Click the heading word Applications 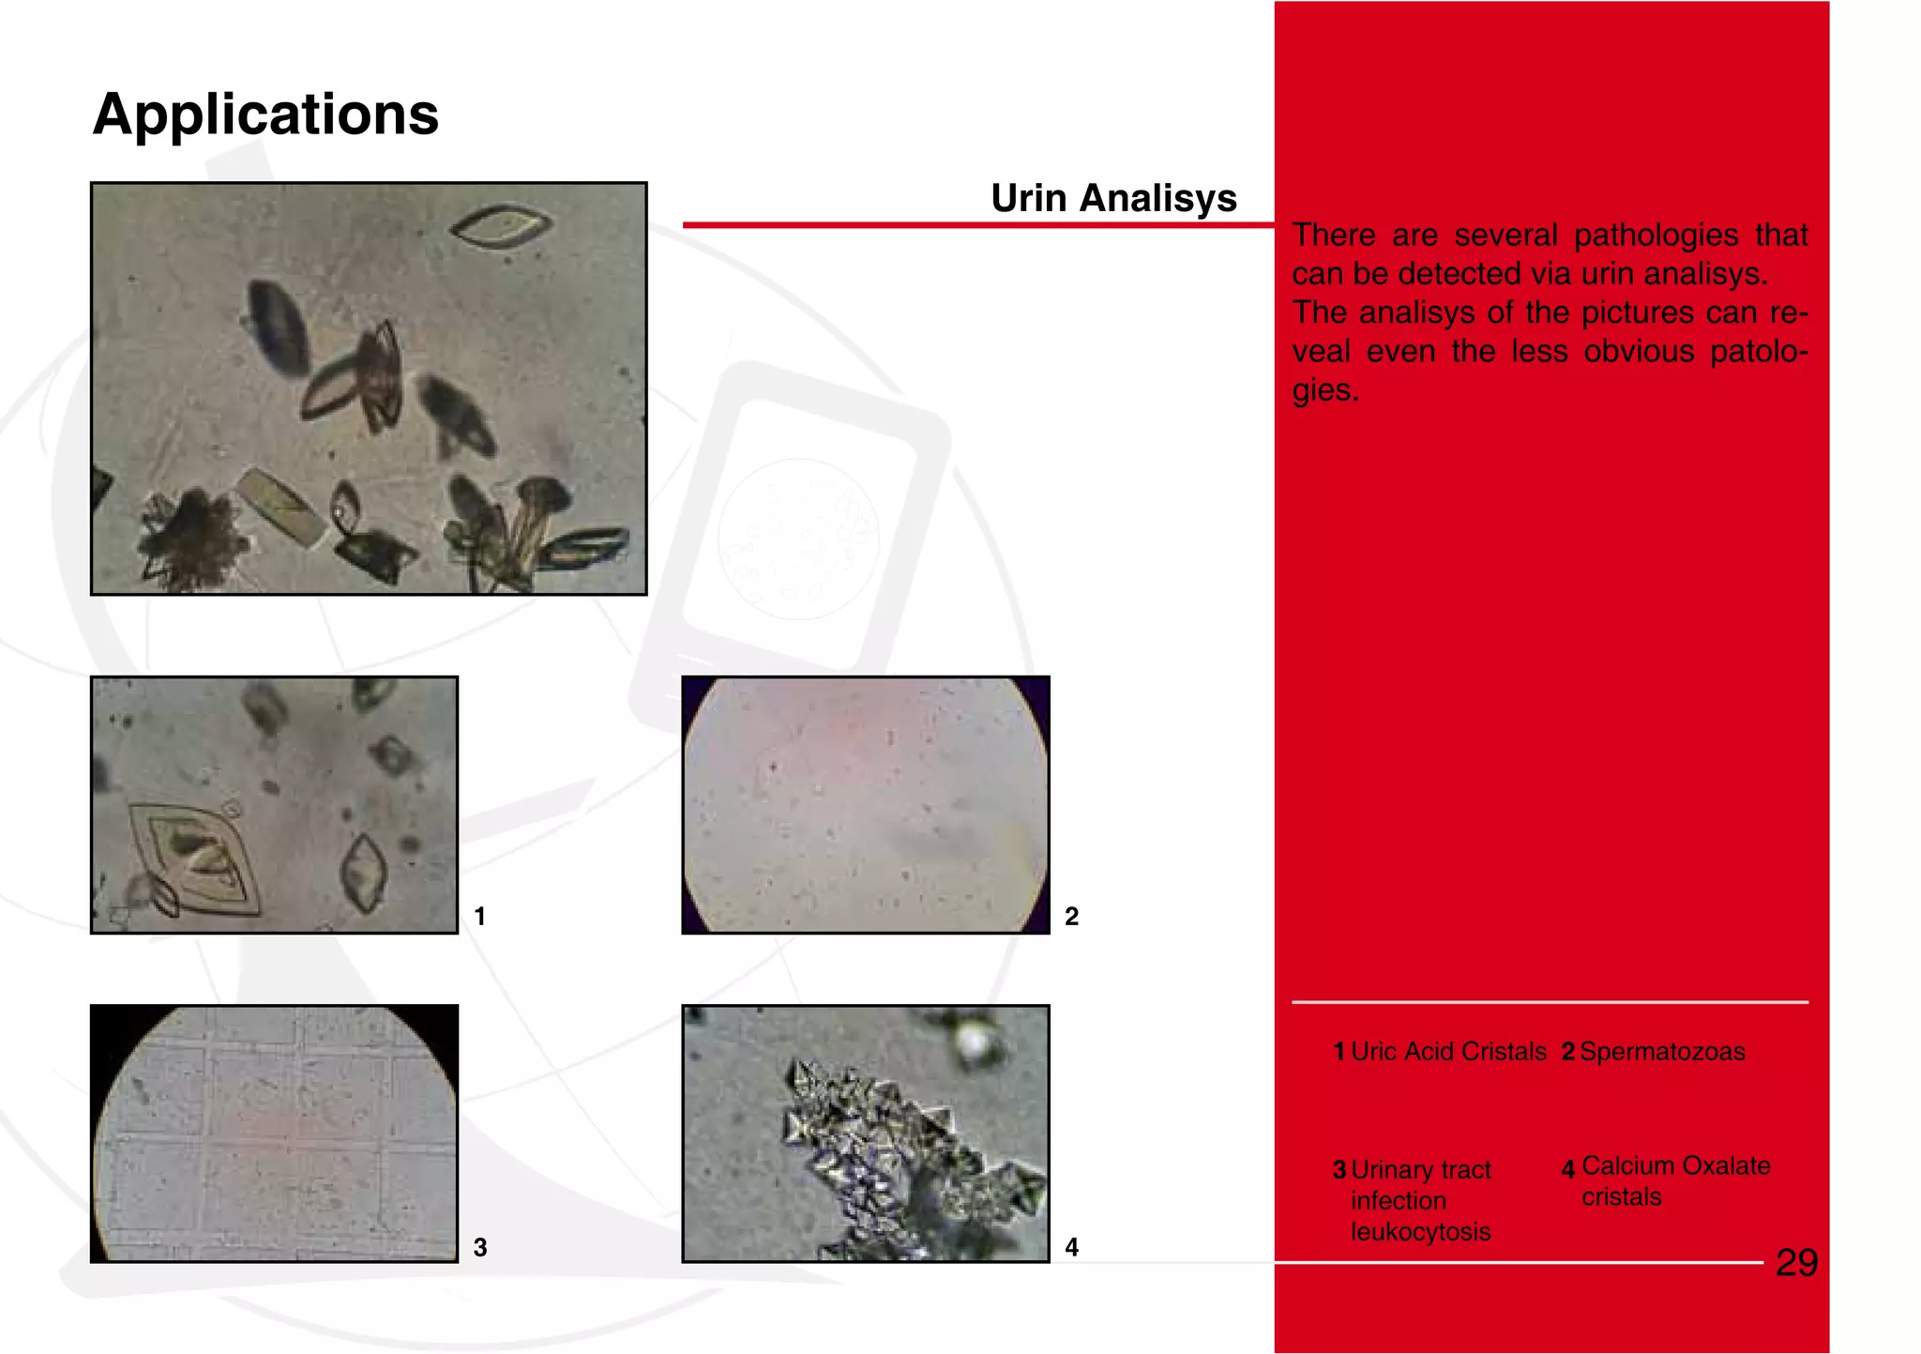tap(265, 114)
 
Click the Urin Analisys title tap(1113, 198)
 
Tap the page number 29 tap(1796, 1263)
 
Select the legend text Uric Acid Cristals tap(1448, 1052)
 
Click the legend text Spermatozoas tap(1662, 1052)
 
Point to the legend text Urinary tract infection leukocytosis tap(1420, 1200)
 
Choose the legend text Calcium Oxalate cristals tap(1675, 1181)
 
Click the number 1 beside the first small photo tap(479, 916)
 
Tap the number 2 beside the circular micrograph tap(1071, 916)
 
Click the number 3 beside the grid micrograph tap(479, 1247)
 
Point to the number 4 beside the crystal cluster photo tap(1071, 1247)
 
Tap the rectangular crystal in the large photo tap(281, 507)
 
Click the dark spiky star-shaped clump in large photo tap(195, 540)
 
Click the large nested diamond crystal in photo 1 tap(194, 856)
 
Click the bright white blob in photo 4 tap(973, 1040)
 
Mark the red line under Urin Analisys tap(976, 225)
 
